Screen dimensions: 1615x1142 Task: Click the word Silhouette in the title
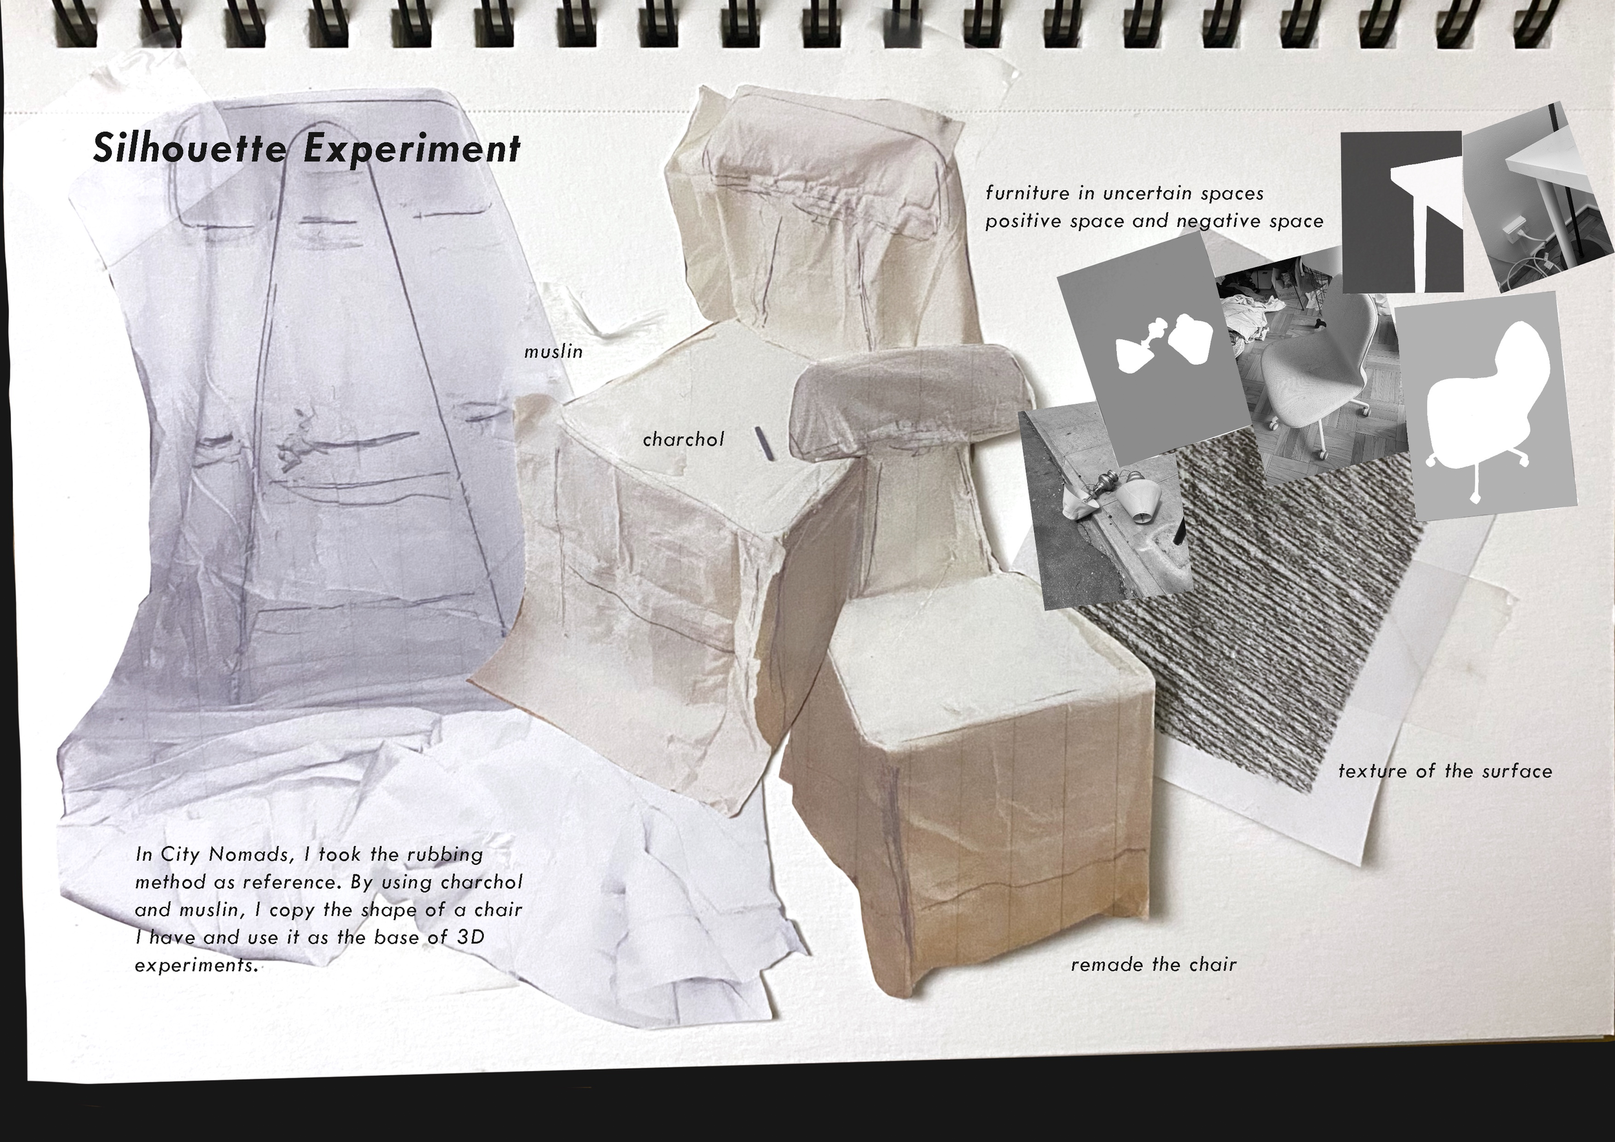pyautogui.click(x=191, y=148)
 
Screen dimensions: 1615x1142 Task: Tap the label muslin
pyautogui.click(x=554, y=351)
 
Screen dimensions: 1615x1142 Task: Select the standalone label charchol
pyautogui.click(x=683, y=439)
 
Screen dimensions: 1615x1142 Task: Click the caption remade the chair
pyautogui.click(x=1154, y=965)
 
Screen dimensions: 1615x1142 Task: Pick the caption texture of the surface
pyautogui.click(x=1444, y=771)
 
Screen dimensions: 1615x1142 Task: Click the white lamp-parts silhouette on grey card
pyautogui.click(x=1164, y=344)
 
